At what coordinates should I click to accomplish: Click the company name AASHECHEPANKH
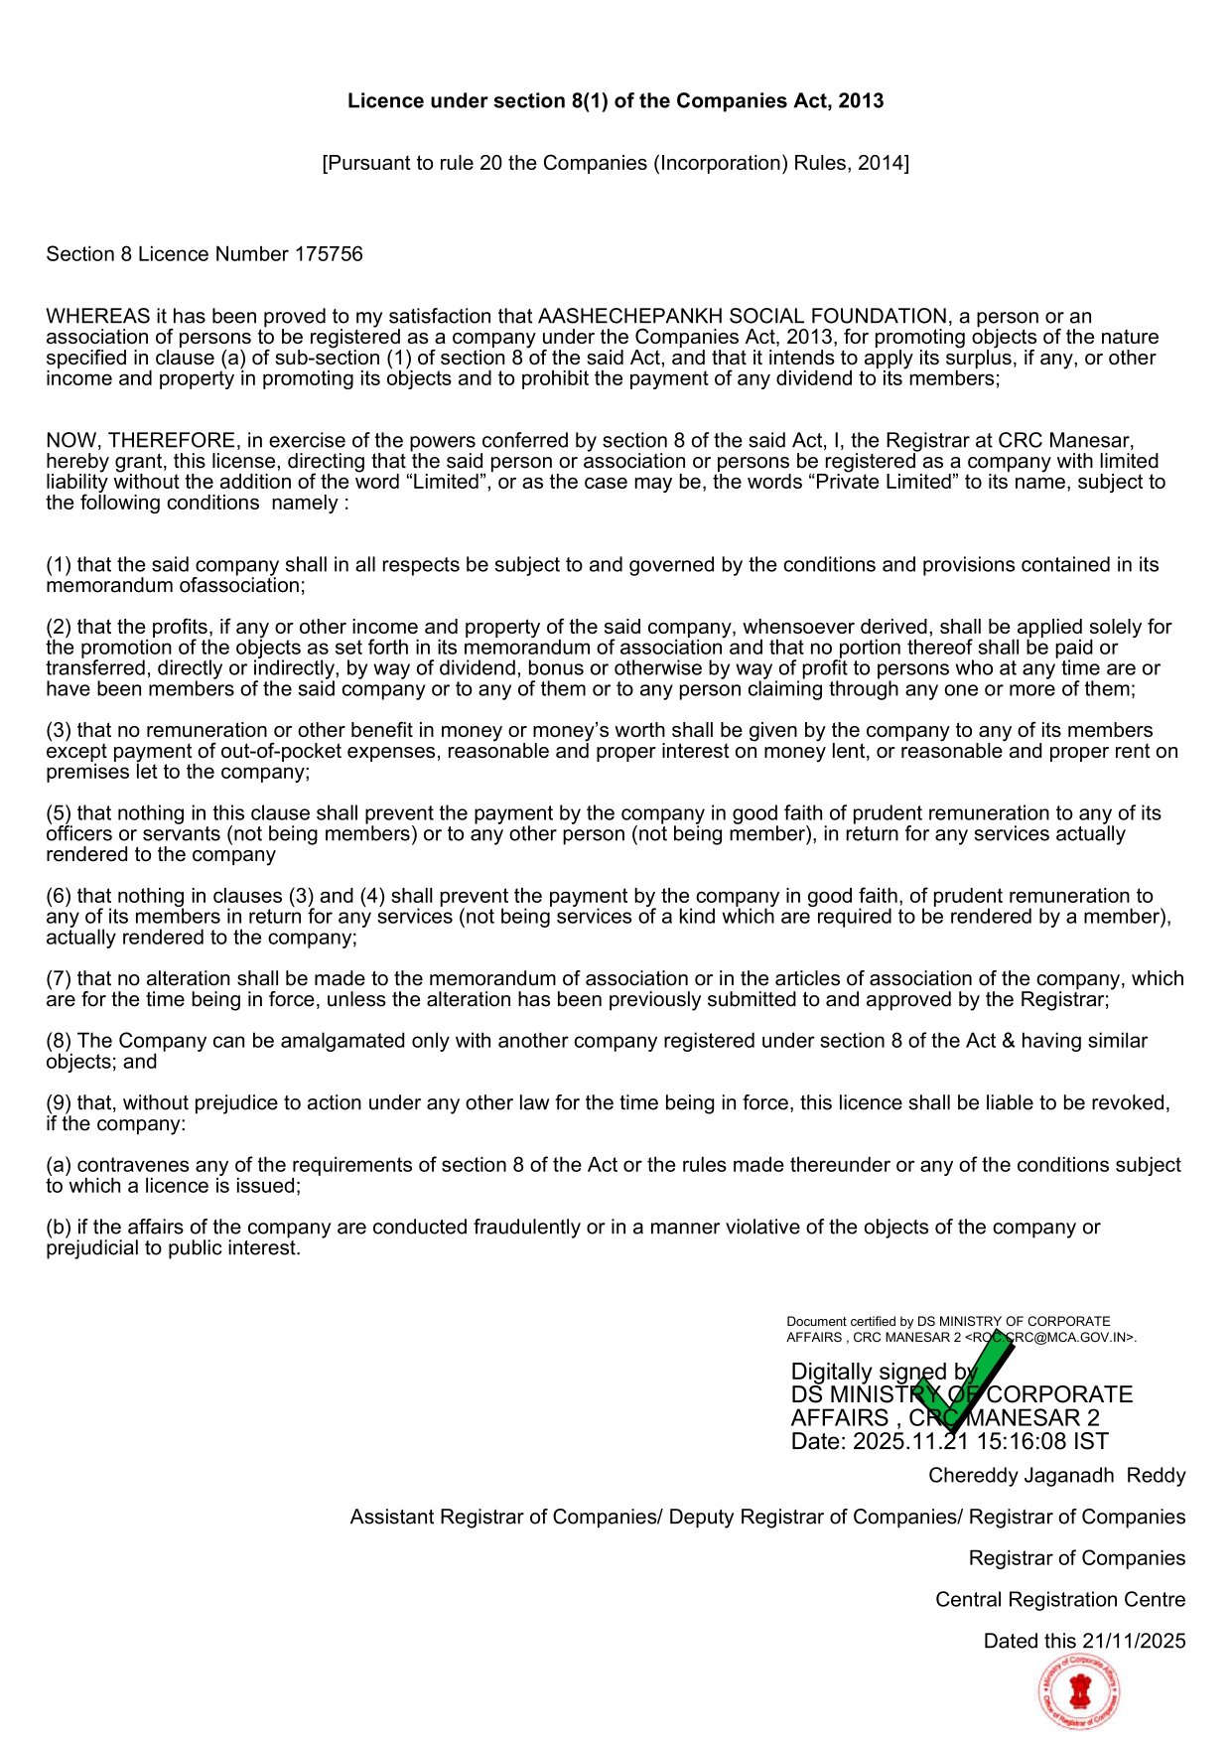(x=630, y=317)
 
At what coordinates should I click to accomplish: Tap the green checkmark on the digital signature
(x=961, y=1380)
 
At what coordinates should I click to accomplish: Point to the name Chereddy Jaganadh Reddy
(x=1056, y=1475)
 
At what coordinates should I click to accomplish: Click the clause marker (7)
(x=59, y=979)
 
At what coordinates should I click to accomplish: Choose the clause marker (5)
(x=59, y=813)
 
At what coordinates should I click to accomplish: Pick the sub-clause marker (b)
(x=59, y=1228)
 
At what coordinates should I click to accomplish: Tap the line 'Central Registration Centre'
(x=1059, y=1599)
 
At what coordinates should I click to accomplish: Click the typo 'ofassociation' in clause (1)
(x=239, y=586)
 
